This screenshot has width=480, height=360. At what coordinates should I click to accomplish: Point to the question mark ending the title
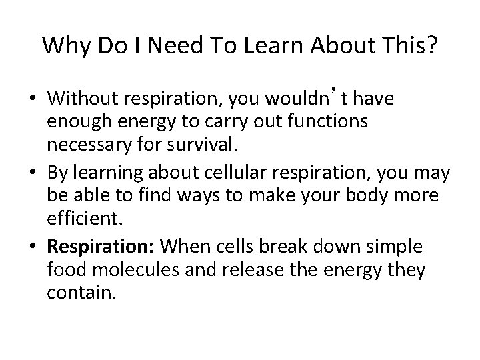click(x=432, y=45)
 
